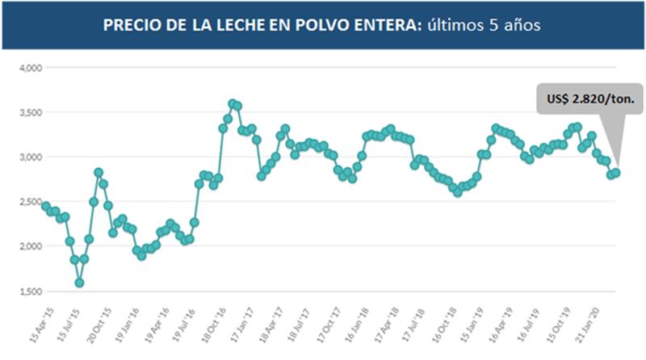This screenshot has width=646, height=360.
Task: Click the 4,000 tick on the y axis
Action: pyautogui.click(x=30, y=67)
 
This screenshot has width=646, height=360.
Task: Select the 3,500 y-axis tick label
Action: pyautogui.click(x=30, y=112)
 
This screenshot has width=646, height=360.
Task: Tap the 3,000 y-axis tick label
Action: pyautogui.click(x=30, y=157)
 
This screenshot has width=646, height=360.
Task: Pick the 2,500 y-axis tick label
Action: pyautogui.click(x=30, y=202)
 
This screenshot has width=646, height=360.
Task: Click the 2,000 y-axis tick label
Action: pyautogui.click(x=30, y=246)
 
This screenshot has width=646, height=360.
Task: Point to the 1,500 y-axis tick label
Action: pyautogui.click(x=30, y=291)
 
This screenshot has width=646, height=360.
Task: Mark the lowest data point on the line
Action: pyautogui.click(x=79, y=283)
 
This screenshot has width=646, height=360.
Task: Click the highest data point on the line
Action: pyautogui.click(x=233, y=103)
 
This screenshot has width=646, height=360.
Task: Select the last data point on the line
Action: pyautogui.click(x=616, y=173)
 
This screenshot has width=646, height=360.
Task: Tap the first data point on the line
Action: pyautogui.click(x=45, y=206)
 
